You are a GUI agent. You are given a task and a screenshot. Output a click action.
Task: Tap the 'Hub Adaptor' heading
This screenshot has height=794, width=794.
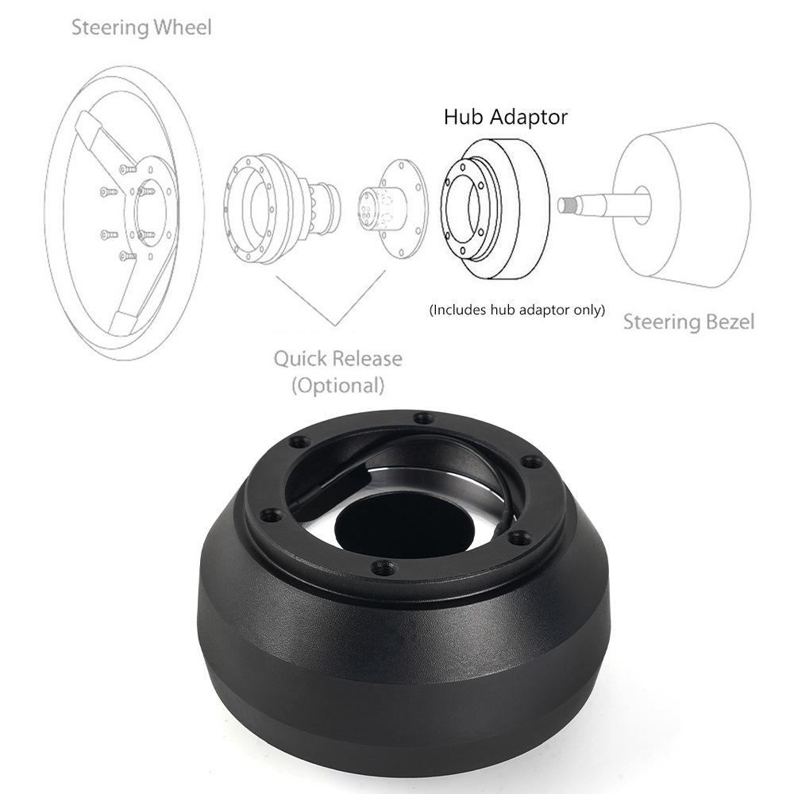pos(506,118)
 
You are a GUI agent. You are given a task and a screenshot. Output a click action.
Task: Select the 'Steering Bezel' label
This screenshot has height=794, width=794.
pos(688,322)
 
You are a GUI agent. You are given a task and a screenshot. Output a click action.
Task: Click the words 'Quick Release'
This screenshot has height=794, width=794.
pos(337,358)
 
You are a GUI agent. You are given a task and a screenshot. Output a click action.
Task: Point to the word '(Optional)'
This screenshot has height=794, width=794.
pos(337,387)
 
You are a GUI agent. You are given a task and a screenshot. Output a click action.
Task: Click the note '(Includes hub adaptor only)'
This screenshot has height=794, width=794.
pos(517,310)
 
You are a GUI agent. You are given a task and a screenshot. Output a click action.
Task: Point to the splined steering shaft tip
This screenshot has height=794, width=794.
pos(567,205)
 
